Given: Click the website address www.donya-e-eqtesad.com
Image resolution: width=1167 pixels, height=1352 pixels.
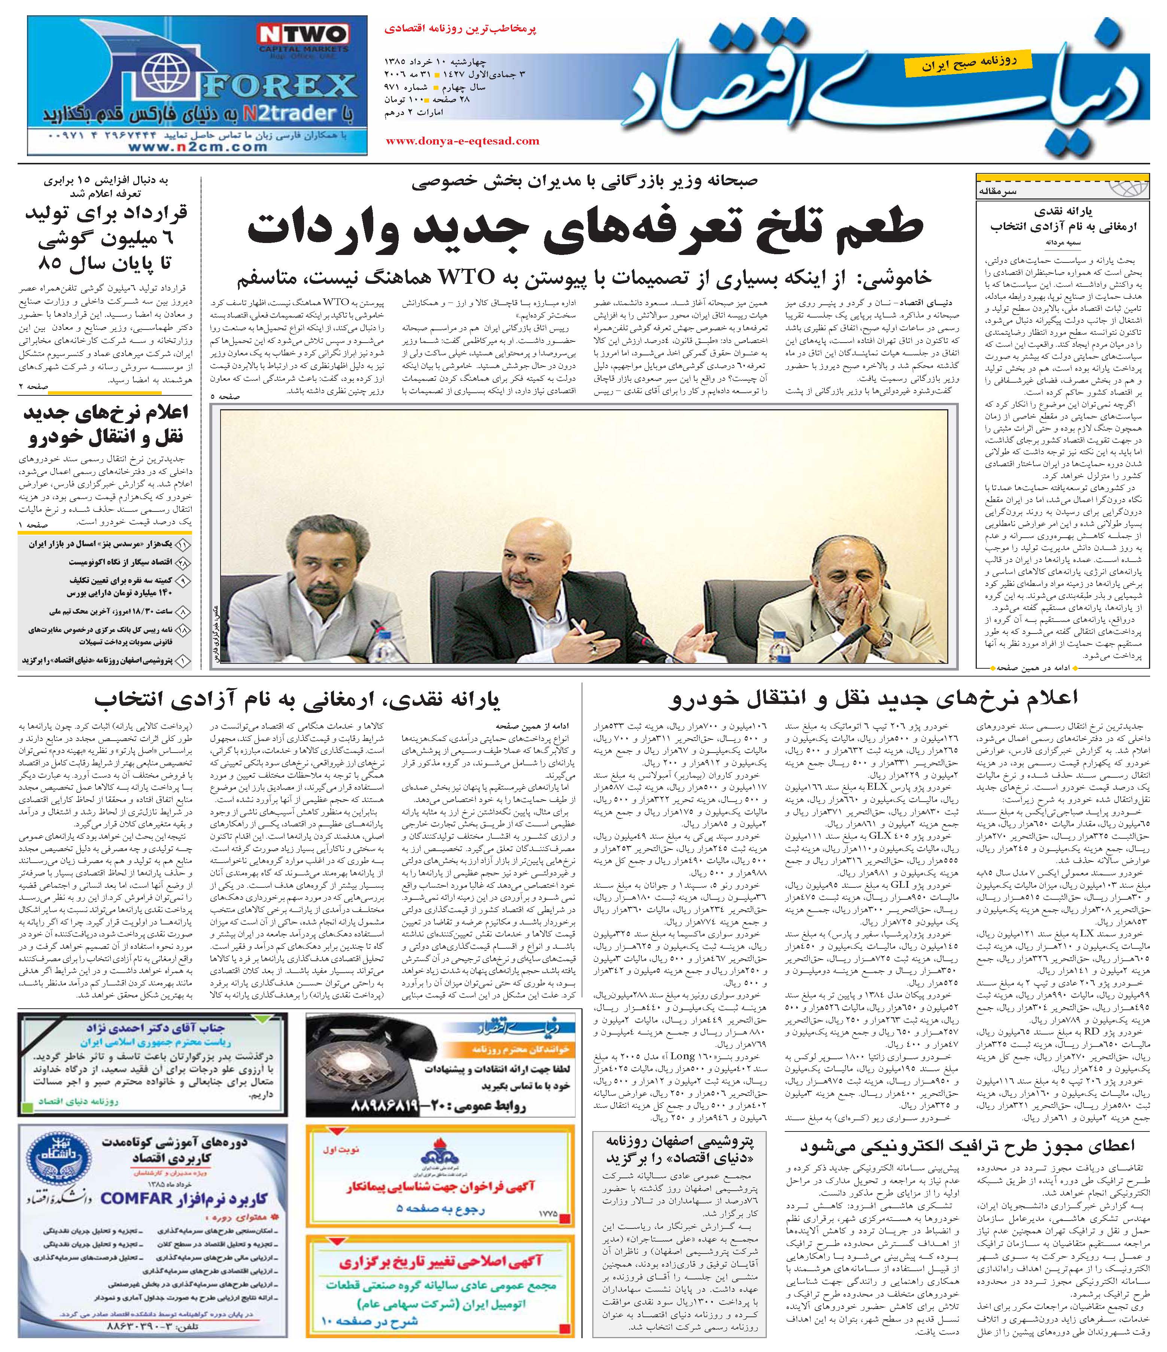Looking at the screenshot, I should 462,140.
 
